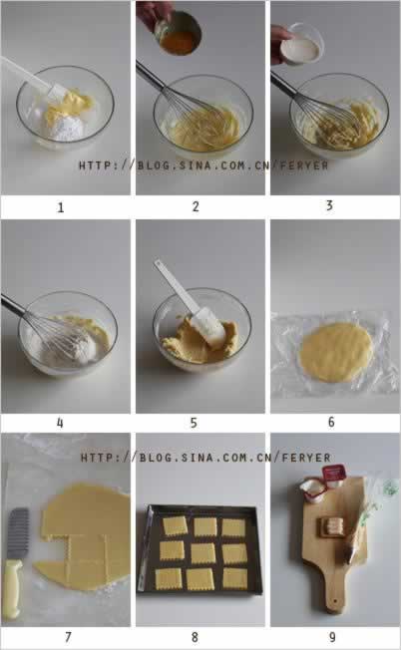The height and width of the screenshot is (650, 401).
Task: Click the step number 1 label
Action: point(61,207)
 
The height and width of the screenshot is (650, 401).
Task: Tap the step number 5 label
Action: point(194,423)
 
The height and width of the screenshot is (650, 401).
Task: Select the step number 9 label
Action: point(332,637)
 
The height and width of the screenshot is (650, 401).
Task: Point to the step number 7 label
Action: point(68,637)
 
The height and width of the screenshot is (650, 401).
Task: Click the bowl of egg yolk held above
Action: point(180,34)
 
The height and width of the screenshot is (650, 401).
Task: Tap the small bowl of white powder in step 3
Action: point(301,44)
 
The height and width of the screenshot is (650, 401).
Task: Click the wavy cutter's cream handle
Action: point(12,588)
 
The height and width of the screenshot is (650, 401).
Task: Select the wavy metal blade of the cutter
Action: point(18,533)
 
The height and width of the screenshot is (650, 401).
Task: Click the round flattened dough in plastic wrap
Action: point(336,352)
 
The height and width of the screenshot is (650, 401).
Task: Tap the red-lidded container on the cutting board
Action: point(333,476)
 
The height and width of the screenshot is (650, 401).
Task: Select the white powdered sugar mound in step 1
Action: point(66,128)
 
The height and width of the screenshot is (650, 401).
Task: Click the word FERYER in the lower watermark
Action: point(306,458)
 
